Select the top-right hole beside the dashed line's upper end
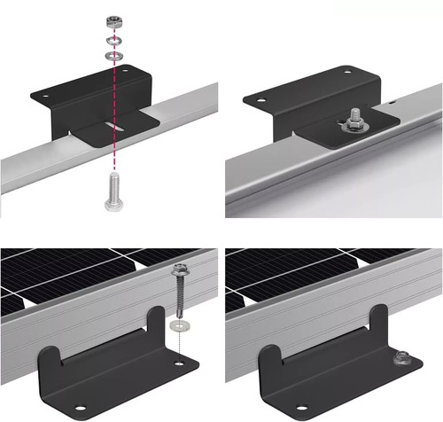pos(124,69)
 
